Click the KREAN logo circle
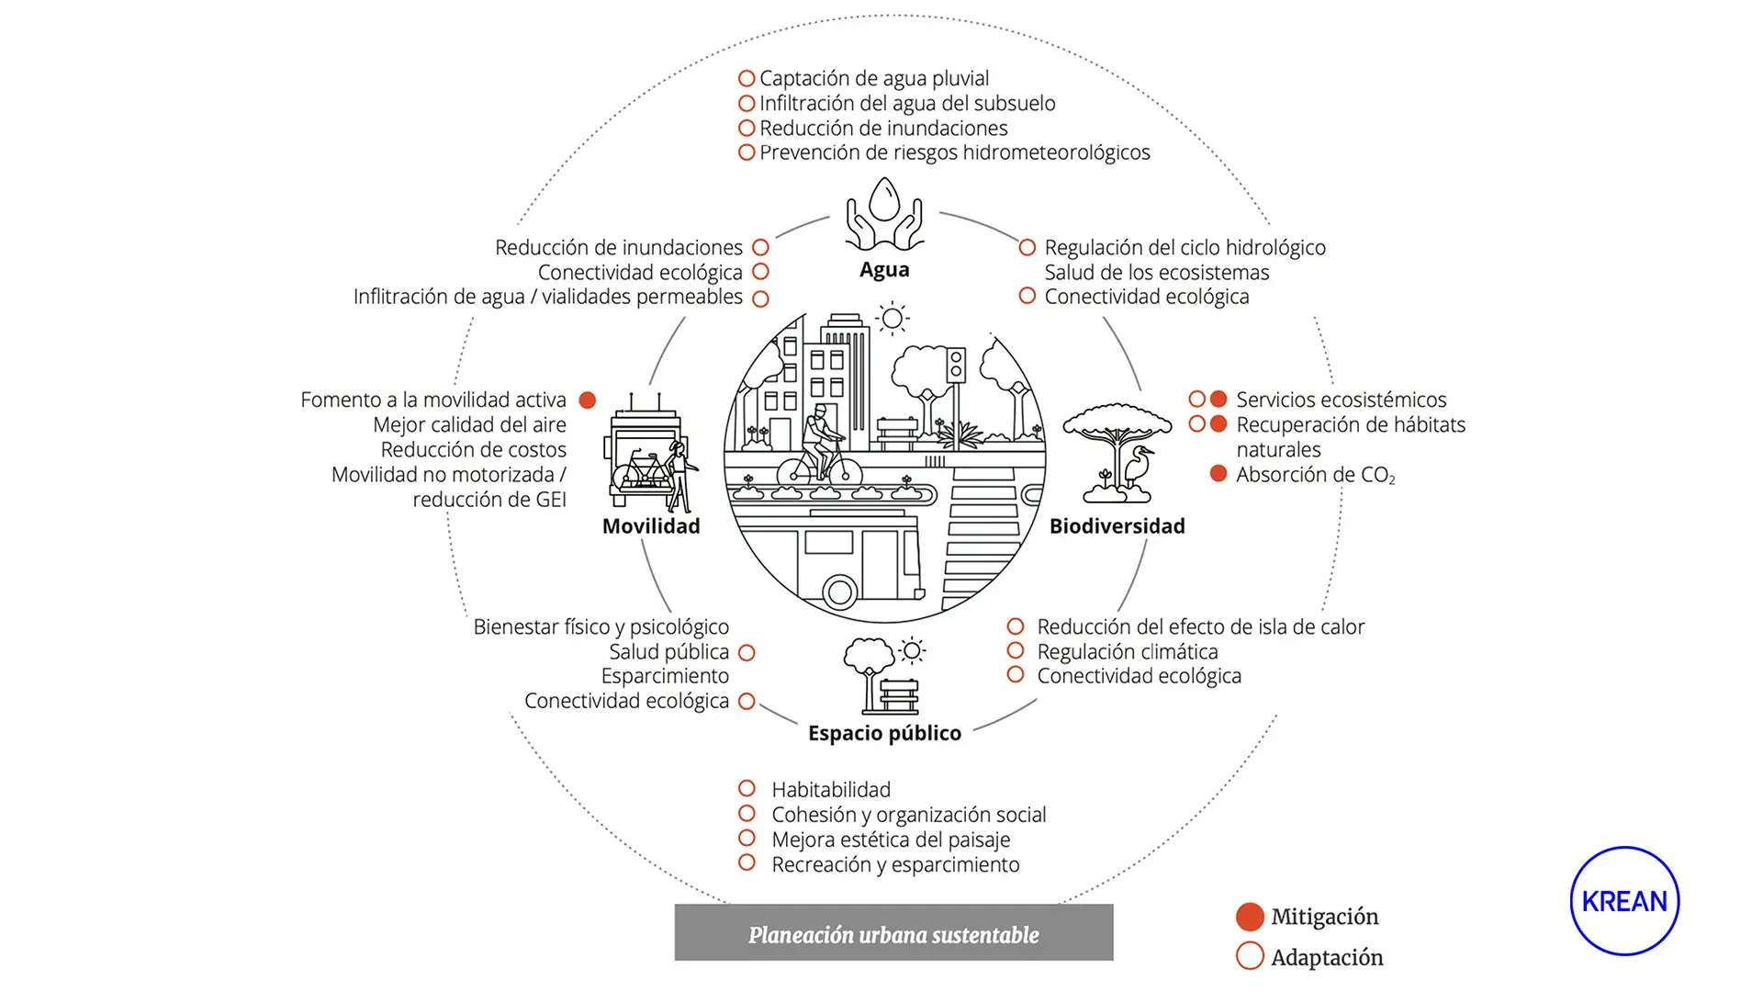[1624, 901]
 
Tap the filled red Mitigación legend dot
[1250, 917]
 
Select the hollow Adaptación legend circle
[1250, 956]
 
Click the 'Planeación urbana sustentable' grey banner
[893, 933]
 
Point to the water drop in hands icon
[884, 213]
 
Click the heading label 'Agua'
[884, 270]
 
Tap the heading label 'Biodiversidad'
[1117, 526]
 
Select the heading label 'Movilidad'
[651, 526]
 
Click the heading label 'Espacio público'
[884, 733]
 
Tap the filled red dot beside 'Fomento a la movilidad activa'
[588, 400]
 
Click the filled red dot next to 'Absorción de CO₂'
[1218, 474]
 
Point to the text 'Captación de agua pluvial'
[873, 79]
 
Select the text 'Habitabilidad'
[831, 790]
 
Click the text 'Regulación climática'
[1128, 652]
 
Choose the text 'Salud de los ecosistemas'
[1157, 273]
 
